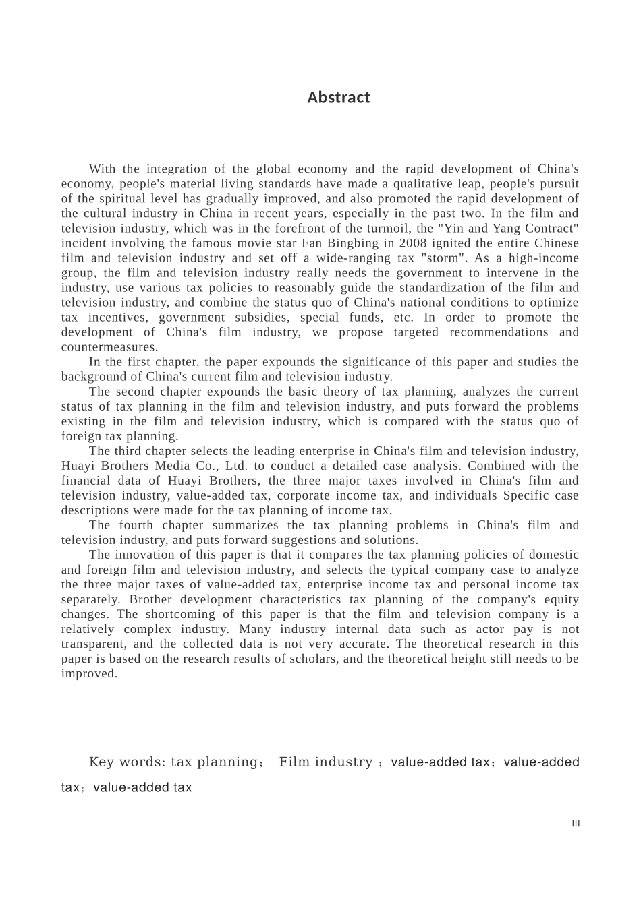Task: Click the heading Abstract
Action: tap(338, 98)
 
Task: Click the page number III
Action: tap(576, 824)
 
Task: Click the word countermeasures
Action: tap(109, 347)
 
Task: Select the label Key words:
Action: tap(127, 762)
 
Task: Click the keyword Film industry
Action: tap(325, 762)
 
